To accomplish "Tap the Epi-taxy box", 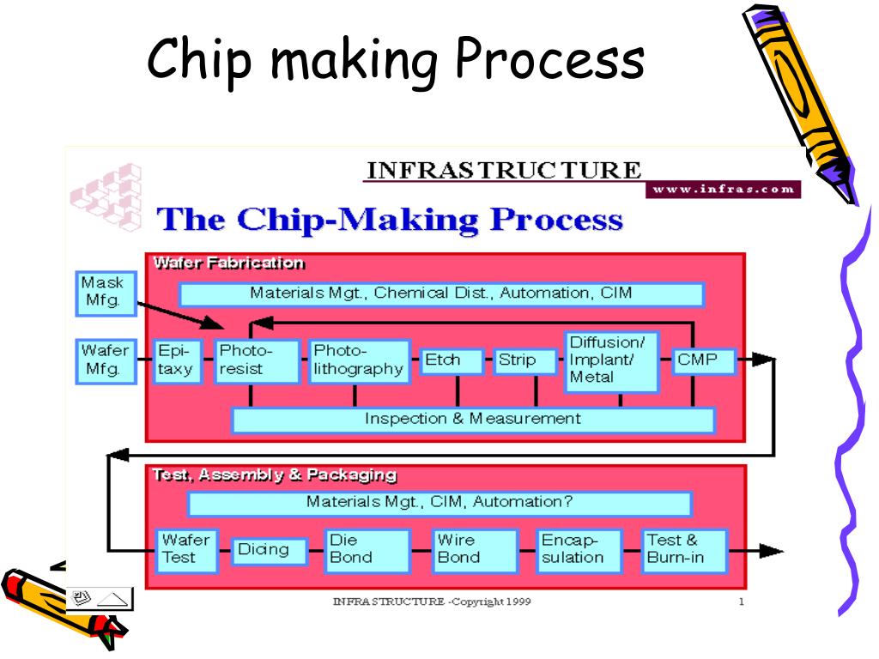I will tap(177, 361).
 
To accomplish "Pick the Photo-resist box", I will tap(256, 361).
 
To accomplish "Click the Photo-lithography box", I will tap(358, 361).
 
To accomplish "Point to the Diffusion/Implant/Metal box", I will tap(610, 361).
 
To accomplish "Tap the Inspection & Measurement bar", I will tap(473, 420).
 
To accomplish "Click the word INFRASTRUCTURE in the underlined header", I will tap(503, 170).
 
